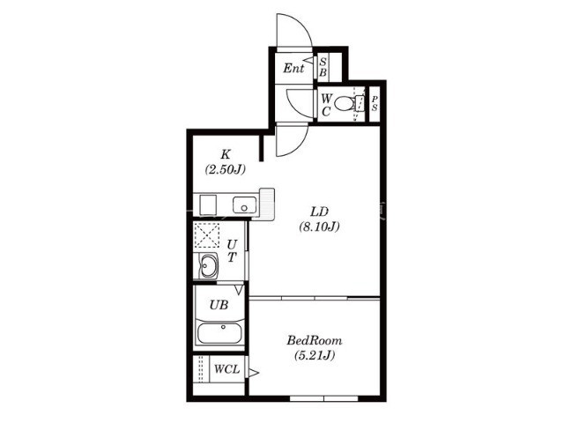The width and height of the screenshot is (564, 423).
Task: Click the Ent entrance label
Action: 293,68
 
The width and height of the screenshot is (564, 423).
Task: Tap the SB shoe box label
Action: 323,67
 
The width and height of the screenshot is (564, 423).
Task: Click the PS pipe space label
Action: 375,103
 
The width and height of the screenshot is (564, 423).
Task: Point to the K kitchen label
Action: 226,155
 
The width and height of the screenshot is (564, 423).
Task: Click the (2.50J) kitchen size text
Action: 226,169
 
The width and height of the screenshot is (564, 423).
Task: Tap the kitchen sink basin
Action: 244,205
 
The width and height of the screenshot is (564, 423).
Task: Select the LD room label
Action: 319,211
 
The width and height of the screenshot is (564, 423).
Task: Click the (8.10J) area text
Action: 319,226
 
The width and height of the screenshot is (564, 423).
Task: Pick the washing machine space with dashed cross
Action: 206,235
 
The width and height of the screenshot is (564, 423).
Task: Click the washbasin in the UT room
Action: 208,266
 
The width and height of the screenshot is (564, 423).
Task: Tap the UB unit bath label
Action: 219,305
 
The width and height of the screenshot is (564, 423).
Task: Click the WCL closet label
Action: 226,369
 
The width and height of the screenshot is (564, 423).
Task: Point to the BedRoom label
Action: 315,340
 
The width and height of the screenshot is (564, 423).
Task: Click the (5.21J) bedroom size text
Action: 315,355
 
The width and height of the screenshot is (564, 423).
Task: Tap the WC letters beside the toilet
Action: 326,105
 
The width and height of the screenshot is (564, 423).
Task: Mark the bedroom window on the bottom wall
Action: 323,398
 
